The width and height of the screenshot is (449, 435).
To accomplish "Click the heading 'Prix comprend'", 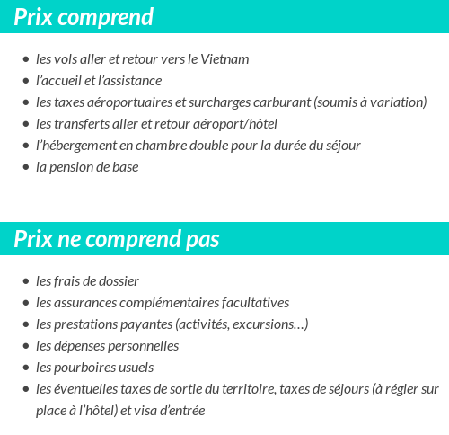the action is pos(84,17).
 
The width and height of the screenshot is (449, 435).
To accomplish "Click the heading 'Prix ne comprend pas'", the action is pos(117,240).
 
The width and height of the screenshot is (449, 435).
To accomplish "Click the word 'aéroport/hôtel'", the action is pos(233,124).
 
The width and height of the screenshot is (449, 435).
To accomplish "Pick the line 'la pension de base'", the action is pos(87,167).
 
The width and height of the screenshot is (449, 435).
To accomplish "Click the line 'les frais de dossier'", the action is pos(87,281).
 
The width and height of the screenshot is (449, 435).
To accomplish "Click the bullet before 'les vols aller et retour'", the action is pos(25,60).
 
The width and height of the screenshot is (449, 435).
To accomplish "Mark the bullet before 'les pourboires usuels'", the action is pos(25,368).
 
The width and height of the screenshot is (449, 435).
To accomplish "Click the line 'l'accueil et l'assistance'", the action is pos(99,81).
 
